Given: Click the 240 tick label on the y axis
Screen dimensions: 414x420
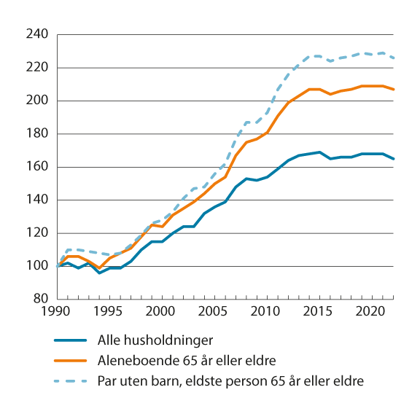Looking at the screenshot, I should [38, 34].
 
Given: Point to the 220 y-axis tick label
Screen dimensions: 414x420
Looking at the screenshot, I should [38, 68].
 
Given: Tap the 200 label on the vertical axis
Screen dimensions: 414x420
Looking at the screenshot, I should [38, 101].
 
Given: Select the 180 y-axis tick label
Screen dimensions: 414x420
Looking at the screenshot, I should [38, 133].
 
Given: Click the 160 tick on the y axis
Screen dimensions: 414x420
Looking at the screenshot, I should [38, 167].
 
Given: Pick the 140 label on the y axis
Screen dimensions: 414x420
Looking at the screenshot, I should [38, 200].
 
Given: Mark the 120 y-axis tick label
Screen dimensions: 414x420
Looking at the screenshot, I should [38, 233].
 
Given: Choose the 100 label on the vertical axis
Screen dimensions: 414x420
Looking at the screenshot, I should [38, 266].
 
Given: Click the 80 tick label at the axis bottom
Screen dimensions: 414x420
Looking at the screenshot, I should [41, 299].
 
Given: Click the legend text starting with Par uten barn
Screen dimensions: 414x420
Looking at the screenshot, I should [230, 380].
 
